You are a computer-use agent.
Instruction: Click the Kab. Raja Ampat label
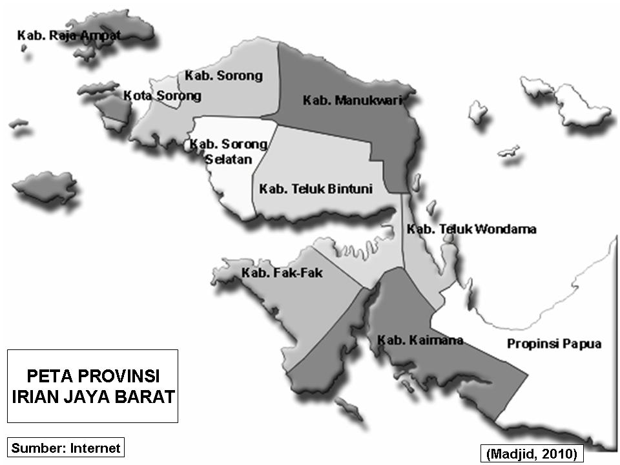coord(68,36)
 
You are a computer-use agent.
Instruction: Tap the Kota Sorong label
coord(162,96)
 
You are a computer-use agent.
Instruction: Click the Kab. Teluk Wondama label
coord(471,229)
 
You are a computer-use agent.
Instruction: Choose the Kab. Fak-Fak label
coord(282,273)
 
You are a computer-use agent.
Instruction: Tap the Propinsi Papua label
coord(554,344)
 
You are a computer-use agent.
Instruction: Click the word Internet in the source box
coord(96,448)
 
